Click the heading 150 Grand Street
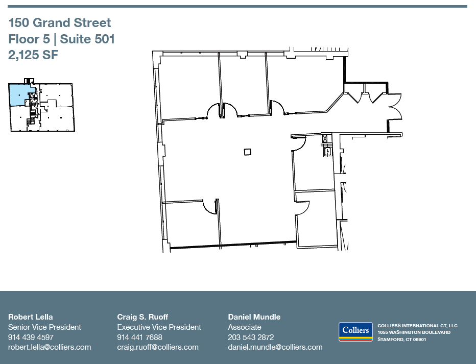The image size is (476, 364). (60, 23)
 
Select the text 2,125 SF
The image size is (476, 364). (34, 55)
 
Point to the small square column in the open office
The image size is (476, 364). (247, 152)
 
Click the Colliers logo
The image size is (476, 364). (355, 331)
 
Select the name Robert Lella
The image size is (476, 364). (31, 317)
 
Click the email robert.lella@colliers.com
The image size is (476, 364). (50, 347)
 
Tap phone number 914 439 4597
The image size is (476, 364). (31, 337)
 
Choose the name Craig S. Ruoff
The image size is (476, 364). (142, 317)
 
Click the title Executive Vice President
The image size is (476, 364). (159, 327)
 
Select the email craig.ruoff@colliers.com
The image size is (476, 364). (158, 347)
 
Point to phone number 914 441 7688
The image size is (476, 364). (139, 337)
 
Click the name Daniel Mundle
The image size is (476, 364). (254, 317)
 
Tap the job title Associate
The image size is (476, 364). (244, 327)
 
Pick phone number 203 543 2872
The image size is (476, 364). (251, 337)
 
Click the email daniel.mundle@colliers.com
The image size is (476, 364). (275, 347)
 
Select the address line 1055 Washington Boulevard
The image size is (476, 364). (414, 332)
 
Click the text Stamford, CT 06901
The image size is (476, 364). (401, 339)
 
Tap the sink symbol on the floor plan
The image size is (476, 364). (326, 151)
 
